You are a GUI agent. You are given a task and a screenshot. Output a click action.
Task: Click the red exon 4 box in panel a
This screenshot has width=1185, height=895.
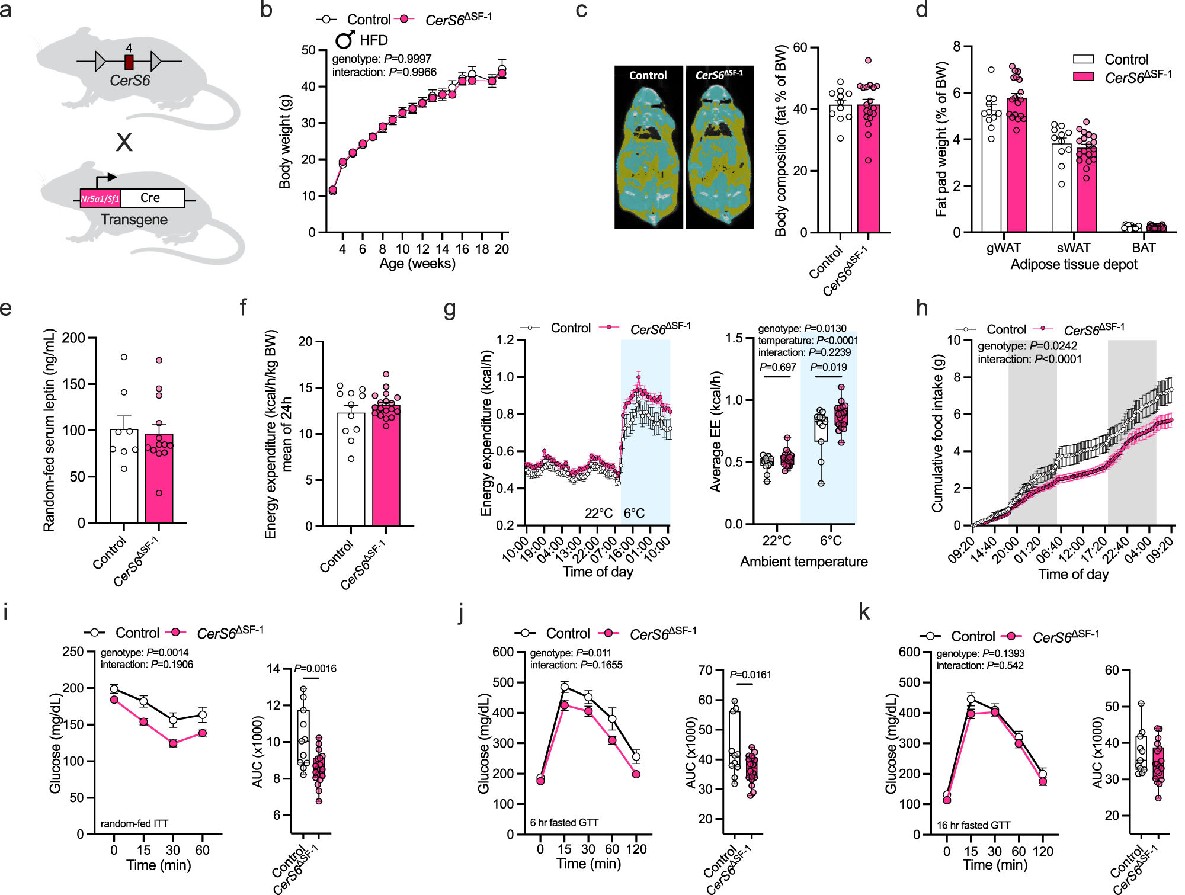(129, 62)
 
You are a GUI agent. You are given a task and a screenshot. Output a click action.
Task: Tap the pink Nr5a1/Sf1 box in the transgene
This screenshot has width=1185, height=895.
(101, 198)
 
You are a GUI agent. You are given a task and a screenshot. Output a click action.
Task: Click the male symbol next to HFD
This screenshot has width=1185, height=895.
(345, 40)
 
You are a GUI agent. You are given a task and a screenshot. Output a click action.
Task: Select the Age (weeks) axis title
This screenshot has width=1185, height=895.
(417, 264)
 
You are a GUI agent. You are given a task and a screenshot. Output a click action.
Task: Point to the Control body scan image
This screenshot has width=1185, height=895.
(648, 148)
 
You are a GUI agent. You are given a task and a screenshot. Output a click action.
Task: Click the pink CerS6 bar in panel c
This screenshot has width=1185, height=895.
(868, 169)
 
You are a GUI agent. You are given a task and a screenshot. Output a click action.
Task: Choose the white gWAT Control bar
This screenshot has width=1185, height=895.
(991, 172)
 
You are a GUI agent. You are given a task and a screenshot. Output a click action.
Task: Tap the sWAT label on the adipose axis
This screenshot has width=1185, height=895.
(1073, 248)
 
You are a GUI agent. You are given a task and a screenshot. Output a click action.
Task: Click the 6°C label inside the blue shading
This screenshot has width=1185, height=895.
(634, 513)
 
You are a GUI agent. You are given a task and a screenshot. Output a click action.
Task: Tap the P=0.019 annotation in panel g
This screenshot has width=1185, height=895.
(828, 367)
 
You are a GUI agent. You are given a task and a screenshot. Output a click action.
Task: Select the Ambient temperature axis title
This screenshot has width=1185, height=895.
(803, 562)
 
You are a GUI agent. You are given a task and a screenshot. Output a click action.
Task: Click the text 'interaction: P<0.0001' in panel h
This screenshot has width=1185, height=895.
(1029, 359)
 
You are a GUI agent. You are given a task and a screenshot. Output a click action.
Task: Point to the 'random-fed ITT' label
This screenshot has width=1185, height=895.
(134, 823)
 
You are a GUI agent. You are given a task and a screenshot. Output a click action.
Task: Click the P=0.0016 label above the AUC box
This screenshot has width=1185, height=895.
(315, 668)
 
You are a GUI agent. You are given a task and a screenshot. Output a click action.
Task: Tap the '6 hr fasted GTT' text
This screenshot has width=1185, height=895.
(564, 823)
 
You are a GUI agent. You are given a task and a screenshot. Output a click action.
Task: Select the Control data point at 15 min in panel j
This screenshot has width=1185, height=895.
(564, 688)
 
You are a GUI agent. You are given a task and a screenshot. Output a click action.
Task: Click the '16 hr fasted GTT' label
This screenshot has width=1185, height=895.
(973, 825)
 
